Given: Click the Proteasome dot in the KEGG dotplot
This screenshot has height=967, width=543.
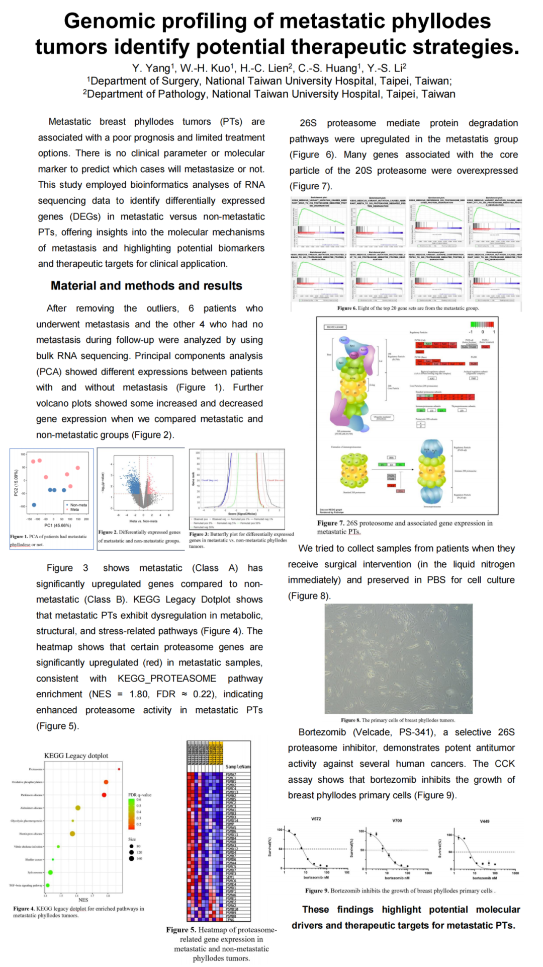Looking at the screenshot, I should pos(119,769).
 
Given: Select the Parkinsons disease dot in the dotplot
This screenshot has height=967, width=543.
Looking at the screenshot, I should pos(104,795).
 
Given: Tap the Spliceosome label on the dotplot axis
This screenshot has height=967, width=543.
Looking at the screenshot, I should pos(35,872).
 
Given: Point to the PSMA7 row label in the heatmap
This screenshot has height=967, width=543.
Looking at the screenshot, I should pos(231,774).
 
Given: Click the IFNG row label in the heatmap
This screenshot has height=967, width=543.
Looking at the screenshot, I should pos(230,919).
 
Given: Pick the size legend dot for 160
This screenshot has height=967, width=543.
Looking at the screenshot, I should pos(132,858).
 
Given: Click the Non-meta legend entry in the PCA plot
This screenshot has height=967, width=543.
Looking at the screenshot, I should pos(78,504).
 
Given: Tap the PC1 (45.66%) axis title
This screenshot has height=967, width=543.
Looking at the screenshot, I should pos(57,525).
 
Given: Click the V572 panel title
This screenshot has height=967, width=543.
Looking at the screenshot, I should pos(316,819).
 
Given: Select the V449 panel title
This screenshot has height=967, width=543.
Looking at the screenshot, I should pos(484,821).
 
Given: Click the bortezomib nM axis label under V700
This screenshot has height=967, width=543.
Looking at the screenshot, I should pos(397,878).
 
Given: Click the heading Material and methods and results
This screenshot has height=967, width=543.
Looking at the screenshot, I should pos(146,285).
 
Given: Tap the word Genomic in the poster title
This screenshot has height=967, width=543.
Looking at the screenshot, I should pos(110,21).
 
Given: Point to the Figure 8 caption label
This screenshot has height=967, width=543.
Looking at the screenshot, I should pos(350,720).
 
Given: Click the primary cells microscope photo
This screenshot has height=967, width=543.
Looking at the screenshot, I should pos(398,658).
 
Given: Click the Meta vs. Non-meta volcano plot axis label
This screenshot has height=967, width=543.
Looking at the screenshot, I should pos(143,521).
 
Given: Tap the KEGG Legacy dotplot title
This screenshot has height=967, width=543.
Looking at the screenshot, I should pos(76,756).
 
